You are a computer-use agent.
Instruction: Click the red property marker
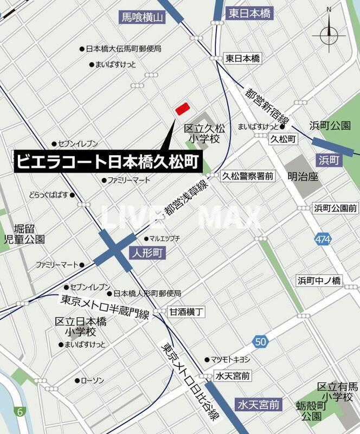pos(182,108)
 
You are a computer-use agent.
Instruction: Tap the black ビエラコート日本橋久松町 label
pos(107,162)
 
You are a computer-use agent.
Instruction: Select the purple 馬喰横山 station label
pos(143,17)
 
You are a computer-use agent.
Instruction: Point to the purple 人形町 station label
pos(146,253)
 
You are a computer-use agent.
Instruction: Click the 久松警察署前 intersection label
pos(248,176)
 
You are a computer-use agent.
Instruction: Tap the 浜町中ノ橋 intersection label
pos(319,280)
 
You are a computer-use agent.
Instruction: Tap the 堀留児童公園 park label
pos(24,233)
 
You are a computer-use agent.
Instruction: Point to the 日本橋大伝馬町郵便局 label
pos(124,49)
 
